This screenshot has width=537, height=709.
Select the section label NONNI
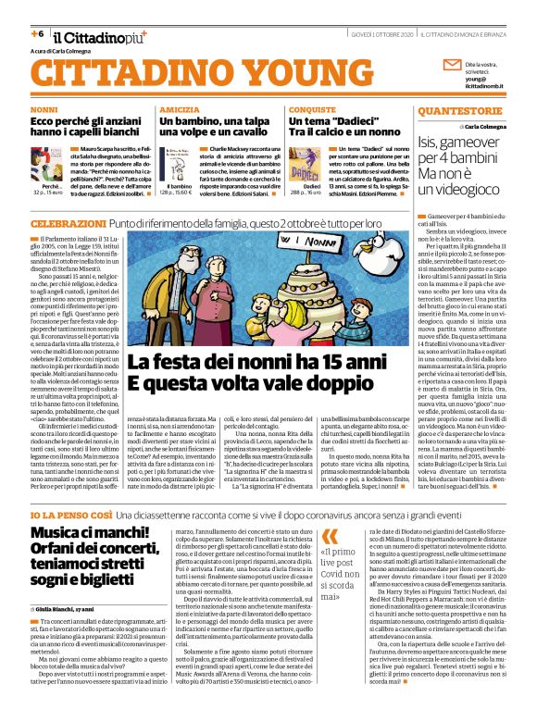(44, 109)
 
